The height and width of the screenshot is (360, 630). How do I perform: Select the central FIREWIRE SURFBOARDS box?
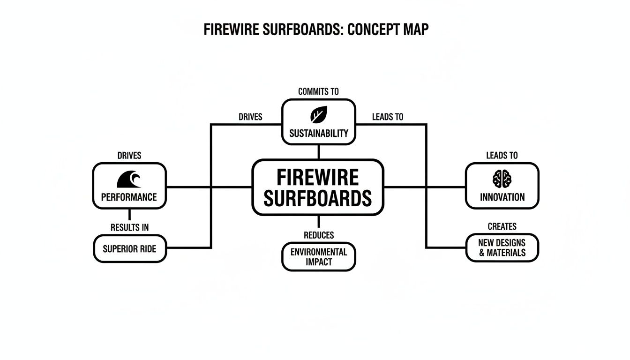318,187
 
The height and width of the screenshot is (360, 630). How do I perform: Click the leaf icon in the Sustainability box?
318,114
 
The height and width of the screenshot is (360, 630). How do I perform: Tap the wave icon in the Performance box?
129,179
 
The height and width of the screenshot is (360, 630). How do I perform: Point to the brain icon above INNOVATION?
502,179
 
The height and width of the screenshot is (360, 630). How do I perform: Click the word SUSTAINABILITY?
319,133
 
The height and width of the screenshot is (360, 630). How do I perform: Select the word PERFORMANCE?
129,197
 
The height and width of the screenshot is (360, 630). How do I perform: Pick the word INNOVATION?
502,197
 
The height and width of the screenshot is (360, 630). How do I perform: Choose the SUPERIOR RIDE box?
129,248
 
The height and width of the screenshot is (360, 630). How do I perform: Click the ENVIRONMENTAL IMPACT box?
319,256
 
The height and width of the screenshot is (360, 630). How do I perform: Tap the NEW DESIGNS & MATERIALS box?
502,248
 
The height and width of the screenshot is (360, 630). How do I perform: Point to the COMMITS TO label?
318,91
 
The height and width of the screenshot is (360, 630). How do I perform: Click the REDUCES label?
319,235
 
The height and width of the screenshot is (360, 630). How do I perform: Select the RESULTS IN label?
129,227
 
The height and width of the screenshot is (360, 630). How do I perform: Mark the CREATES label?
502,226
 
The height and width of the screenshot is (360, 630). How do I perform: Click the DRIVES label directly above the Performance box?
129,155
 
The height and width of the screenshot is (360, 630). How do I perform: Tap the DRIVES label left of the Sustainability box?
250,117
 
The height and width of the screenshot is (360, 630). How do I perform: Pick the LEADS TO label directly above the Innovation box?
502,155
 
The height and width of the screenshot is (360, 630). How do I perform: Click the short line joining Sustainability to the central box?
319,151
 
